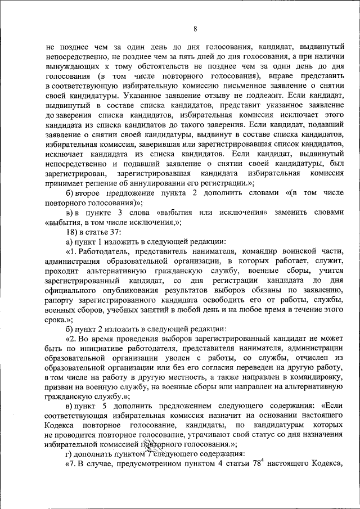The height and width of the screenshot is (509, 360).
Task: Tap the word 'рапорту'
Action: pos(58,301)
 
